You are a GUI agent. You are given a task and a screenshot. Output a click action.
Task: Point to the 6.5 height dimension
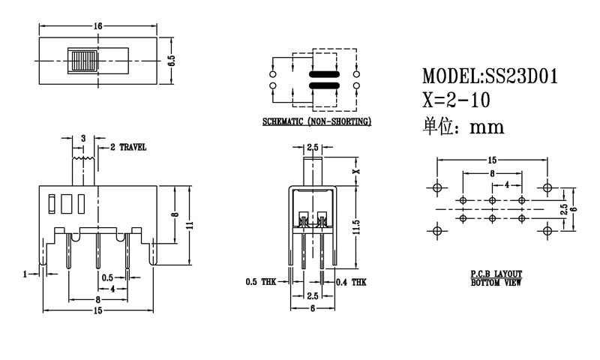click(171, 60)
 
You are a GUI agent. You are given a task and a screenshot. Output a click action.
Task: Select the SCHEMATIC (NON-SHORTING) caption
click(316, 121)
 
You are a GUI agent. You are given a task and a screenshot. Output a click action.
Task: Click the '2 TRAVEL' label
click(128, 147)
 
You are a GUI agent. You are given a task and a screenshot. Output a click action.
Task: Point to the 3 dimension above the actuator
click(82, 138)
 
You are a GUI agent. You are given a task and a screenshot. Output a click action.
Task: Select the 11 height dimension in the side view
click(191, 225)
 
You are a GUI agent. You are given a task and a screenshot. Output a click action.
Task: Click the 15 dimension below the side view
click(97, 310)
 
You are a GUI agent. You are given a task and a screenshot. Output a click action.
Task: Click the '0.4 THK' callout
click(352, 283)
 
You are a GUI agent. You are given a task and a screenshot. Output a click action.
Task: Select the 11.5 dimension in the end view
click(357, 225)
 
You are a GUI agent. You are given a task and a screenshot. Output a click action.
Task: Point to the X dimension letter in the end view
click(357, 170)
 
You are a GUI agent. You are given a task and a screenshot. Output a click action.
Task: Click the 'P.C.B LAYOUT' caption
click(496, 275)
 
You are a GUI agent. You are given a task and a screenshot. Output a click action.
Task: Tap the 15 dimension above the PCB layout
click(491, 160)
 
